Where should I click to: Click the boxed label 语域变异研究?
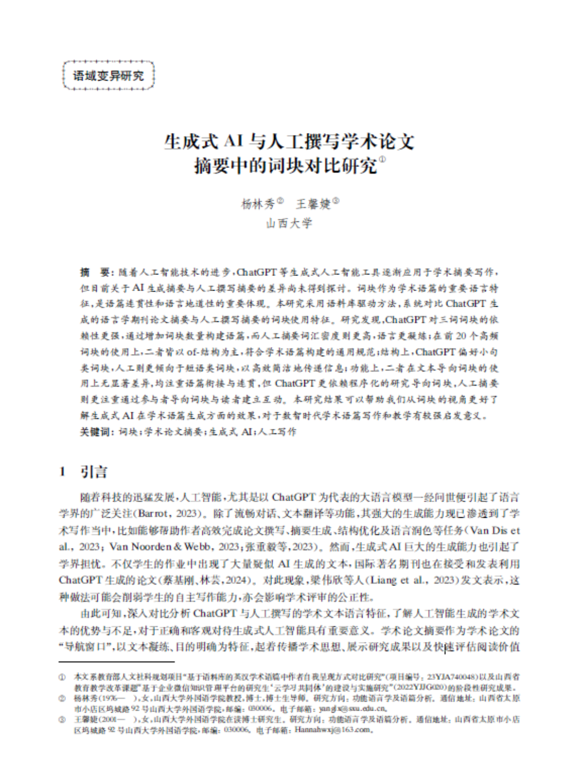click(x=108, y=76)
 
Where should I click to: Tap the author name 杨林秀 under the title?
click(x=258, y=204)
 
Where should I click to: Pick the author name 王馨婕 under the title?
click(x=313, y=204)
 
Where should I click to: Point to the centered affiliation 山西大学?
click(x=289, y=224)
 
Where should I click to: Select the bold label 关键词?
click(x=96, y=431)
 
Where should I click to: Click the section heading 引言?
click(x=94, y=472)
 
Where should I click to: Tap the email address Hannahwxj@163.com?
click(x=331, y=729)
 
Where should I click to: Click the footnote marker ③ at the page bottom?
click(x=62, y=720)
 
